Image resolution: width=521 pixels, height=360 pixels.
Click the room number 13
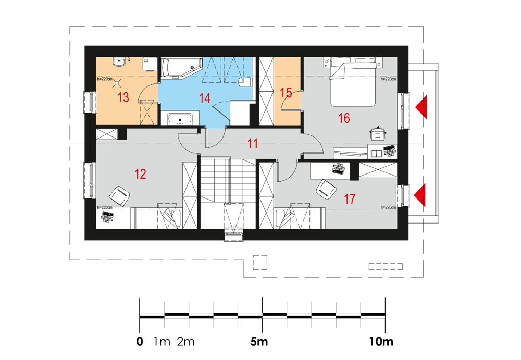[x=123, y=97]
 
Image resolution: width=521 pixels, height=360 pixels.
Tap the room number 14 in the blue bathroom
[x=205, y=98]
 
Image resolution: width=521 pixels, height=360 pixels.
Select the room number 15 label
[x=286, y=93]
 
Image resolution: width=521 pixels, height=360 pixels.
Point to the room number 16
[x=344, y=118]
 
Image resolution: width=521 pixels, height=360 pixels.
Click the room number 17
[x=350, y=199]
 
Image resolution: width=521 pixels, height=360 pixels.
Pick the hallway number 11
[x=253, y=144]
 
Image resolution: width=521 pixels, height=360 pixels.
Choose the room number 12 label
[x=140, y=174]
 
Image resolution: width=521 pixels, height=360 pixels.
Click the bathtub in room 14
[x=182, y=68]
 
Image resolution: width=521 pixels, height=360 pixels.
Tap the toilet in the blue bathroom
[x=245, y=82]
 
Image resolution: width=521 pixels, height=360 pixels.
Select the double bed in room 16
[x=353, y=82]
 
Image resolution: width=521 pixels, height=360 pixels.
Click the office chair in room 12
[x=119, y=196]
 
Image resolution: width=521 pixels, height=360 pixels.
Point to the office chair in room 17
[x=326, y=190]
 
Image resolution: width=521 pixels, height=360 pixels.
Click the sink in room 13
[x=119, y=62]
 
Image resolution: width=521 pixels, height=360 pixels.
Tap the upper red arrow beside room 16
[x=421, y=107]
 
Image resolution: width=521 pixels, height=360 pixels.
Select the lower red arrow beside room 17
[x=419, y=196]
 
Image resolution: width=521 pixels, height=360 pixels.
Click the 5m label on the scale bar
[x=259, y=341]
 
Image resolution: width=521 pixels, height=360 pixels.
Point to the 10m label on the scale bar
[x=381, y=341]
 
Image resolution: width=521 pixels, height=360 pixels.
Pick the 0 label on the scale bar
[x=140, y=341]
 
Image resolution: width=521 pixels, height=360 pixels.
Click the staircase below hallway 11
[x=228, y=193]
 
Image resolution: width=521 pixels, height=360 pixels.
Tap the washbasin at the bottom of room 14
[x=180, y=119]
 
